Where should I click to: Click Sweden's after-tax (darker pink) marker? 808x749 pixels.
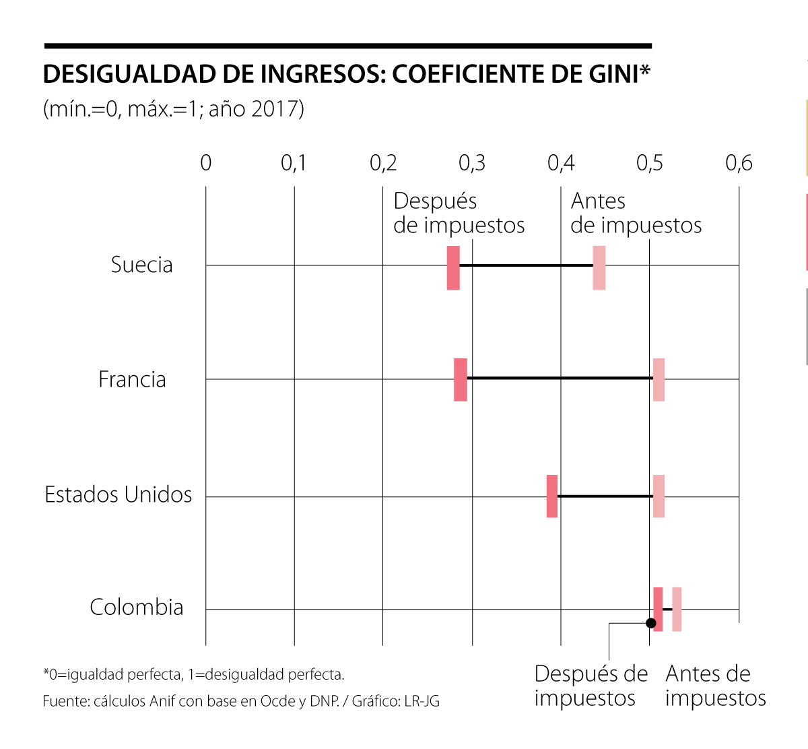point(453,267)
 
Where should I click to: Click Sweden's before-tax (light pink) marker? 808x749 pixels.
point(599,267)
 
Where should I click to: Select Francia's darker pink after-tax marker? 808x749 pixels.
point(461,380)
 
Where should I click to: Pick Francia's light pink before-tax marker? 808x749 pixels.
point(659,380)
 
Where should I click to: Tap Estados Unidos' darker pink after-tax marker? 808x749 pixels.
point(552,496)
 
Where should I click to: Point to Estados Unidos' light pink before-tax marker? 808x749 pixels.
point(659,496)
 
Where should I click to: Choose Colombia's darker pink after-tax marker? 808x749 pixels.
point(658,609)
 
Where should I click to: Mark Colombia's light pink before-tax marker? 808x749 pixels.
point(677,609)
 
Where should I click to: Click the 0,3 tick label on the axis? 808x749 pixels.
point(472,163)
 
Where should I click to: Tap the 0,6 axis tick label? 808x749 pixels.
point(739,163)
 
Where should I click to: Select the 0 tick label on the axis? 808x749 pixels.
point(206,163)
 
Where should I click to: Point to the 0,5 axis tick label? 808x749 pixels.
point(650,163)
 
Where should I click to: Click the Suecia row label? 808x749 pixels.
point(142,265)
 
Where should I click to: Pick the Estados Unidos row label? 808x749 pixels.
point(119,495)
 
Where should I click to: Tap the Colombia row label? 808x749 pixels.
point(137,608)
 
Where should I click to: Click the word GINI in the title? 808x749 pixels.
point(613,74)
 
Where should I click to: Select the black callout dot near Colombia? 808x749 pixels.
point(651,623)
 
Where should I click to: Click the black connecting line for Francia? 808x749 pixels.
point(559,378)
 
